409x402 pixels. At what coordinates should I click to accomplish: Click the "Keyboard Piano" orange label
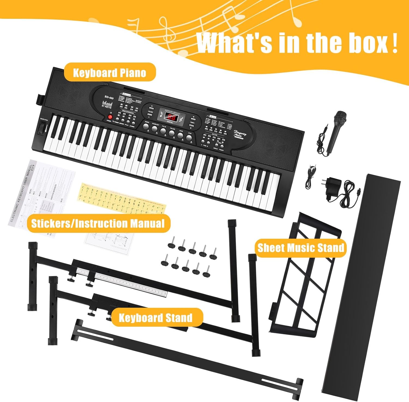tap(110, 73)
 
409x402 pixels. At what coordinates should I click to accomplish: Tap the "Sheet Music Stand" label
tap(301, 248)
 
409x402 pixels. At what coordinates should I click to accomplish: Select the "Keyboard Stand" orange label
tap(156, 318)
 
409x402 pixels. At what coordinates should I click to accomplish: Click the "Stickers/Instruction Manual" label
tap(98, 223)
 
